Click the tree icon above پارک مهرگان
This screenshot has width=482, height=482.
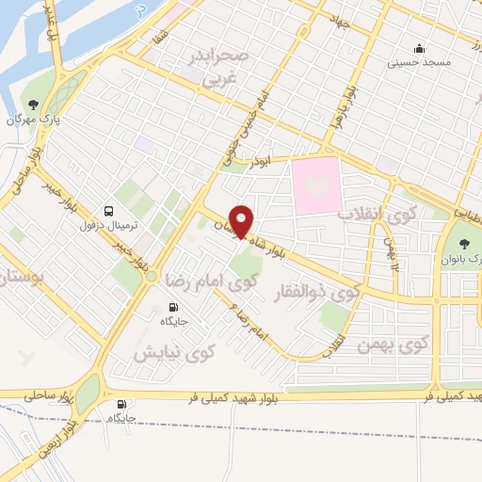(x=34, y=104)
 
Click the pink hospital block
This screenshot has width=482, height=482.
(x=316, y=185)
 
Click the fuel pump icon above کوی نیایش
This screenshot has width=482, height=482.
(x=172, y=307)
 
